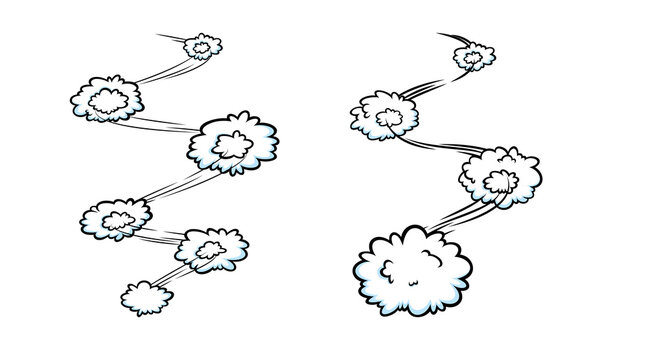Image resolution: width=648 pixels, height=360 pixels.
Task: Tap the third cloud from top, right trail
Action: coord(500,177)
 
